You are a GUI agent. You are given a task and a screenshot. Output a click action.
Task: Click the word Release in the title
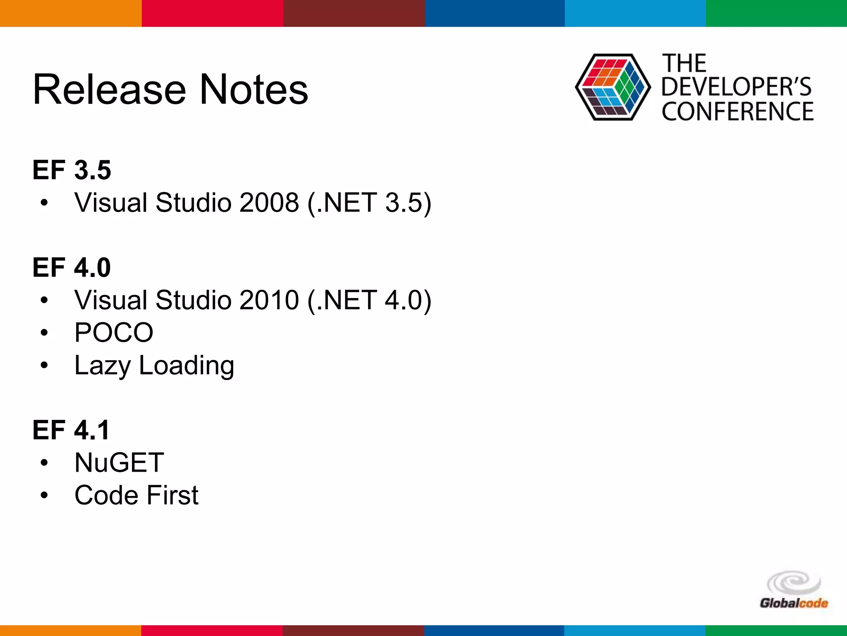click(x=110, y=89)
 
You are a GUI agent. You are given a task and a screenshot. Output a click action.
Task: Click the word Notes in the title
click(x=254, y=89)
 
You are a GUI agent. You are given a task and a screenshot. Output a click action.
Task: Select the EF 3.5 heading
click(x=72, y=170)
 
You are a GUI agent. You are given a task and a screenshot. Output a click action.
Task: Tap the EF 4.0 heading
click(x=72, y=267)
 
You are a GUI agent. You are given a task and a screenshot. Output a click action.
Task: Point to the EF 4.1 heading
click(x=71, y=430)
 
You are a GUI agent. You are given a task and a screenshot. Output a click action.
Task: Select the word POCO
click(x=114, y=332)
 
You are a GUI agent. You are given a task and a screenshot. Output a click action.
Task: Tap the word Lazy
click(x=102, y=366)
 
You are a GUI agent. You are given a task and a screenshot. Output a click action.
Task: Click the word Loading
click(x=187, y=366)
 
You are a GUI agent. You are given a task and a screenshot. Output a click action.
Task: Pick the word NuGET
click(x=119, y=463)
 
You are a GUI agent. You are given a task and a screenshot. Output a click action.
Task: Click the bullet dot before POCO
click(x=44, y=332)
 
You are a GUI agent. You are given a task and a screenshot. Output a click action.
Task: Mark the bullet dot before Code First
click(x=44, y=495)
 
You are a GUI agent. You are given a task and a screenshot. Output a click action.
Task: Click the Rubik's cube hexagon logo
click(x=613, y=87)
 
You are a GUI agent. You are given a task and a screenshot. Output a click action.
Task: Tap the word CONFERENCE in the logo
click(x=737, y=111)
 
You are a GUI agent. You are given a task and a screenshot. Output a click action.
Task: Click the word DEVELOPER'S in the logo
click(x=736, y=87)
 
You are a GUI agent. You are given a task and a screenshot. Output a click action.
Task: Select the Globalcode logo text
click(x=794, y=603)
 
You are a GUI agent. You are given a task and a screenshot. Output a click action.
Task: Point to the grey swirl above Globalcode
click(x=793, y=583)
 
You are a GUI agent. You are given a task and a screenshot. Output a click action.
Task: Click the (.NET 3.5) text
click(x=369, y=202)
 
